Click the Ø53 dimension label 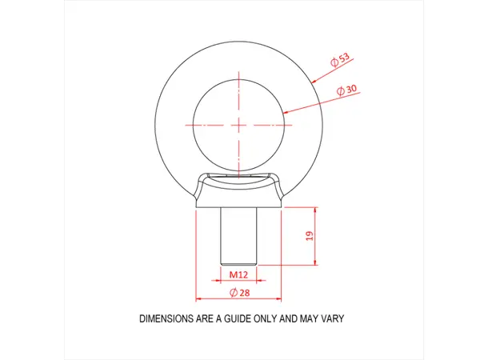tap(341, 62)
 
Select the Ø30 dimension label tap(348, 91)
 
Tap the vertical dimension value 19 tap(310, 236)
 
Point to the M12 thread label tap(238, 274)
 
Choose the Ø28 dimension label tap(238, 294)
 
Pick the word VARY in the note tap(331, 318)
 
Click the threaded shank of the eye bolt tap(238, 237)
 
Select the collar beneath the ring tap(238, 192)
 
